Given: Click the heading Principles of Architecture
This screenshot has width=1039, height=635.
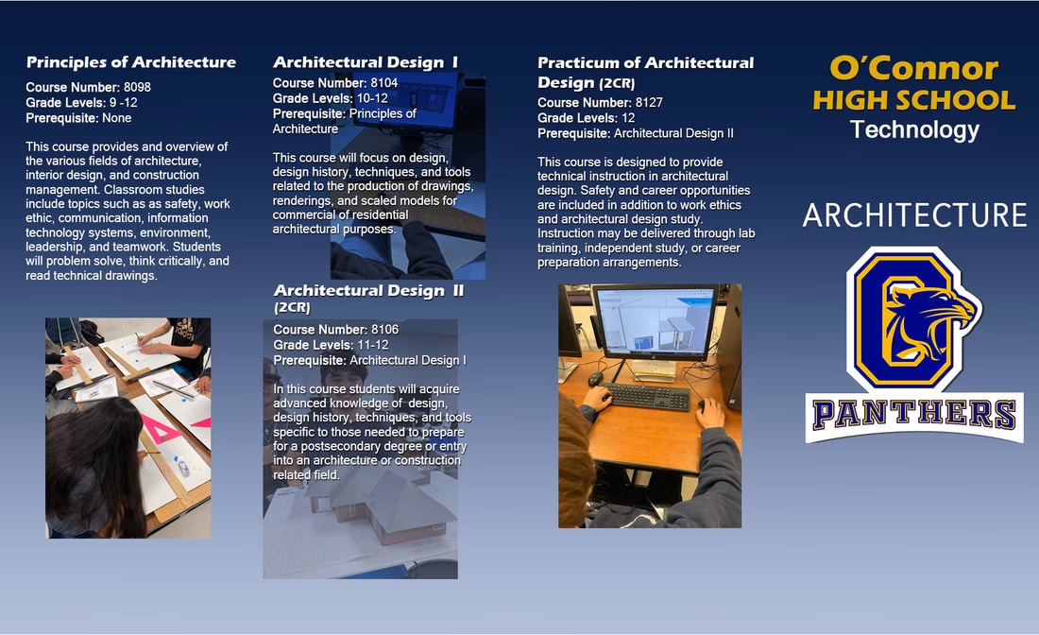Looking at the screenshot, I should (x=131, y=62).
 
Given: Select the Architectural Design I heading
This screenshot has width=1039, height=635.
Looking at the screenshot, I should (x=366, y=62).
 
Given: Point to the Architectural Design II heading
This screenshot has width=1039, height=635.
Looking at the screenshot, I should (x=368, y=291).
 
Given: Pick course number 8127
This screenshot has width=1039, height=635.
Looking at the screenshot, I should (x=649, y=103).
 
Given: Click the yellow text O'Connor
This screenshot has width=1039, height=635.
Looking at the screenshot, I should (x=913, y=68).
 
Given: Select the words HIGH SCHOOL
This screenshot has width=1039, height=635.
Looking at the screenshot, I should (x=913, y=99).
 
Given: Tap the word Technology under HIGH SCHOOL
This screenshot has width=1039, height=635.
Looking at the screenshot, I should (x=913, y=129).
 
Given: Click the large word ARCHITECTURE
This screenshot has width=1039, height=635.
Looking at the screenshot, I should (x=914, y=215).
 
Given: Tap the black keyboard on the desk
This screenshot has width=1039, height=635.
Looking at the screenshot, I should (x=647, y=396).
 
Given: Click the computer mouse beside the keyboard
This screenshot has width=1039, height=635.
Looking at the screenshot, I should (x=596, y=379).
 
